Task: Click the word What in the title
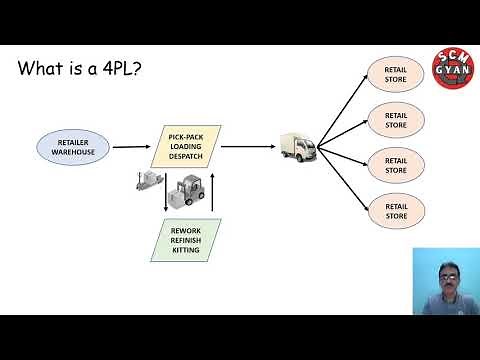click(43, 71)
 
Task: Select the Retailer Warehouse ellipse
click(72, 146)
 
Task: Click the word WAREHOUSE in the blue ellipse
click(72, 152)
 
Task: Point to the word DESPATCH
click(185, 158)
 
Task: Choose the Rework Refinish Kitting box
click(185, 239)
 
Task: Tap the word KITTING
click(185, 251)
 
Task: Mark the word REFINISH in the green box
click(185, 239)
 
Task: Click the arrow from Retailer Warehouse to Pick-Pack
click(131, 147)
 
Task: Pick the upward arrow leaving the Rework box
click(214, 195)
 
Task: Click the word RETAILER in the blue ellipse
click(72, 140)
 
